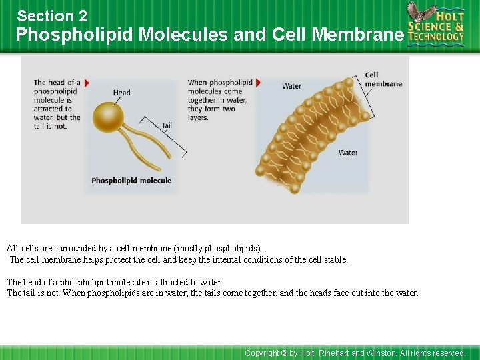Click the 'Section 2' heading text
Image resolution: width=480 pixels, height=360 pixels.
click(x=52, y=16)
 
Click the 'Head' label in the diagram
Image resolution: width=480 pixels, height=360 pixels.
click(x=121, y=93)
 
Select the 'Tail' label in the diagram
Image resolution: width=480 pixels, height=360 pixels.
click(x=167, y=125)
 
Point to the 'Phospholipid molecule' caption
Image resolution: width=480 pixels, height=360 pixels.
click(x=131, y=181)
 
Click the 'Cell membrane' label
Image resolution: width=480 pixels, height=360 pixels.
click(x=383, y=79)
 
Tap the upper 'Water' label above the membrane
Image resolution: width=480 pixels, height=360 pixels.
click(x=291, y=86)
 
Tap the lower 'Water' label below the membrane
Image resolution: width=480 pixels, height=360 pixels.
click(x=347, y=153)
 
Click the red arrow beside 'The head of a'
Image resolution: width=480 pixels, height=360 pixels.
click(x=87, y=83)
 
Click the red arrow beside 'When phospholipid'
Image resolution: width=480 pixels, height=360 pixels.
click(x=258, y=83)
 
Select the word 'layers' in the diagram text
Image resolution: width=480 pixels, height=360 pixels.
click(x=198, y=118)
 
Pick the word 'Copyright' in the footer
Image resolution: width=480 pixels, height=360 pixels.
click(x=261, y=353)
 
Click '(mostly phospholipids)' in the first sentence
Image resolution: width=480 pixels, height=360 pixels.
click(x=217, y=249)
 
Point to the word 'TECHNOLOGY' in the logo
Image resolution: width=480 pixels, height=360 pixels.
click(x=436, y=37)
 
